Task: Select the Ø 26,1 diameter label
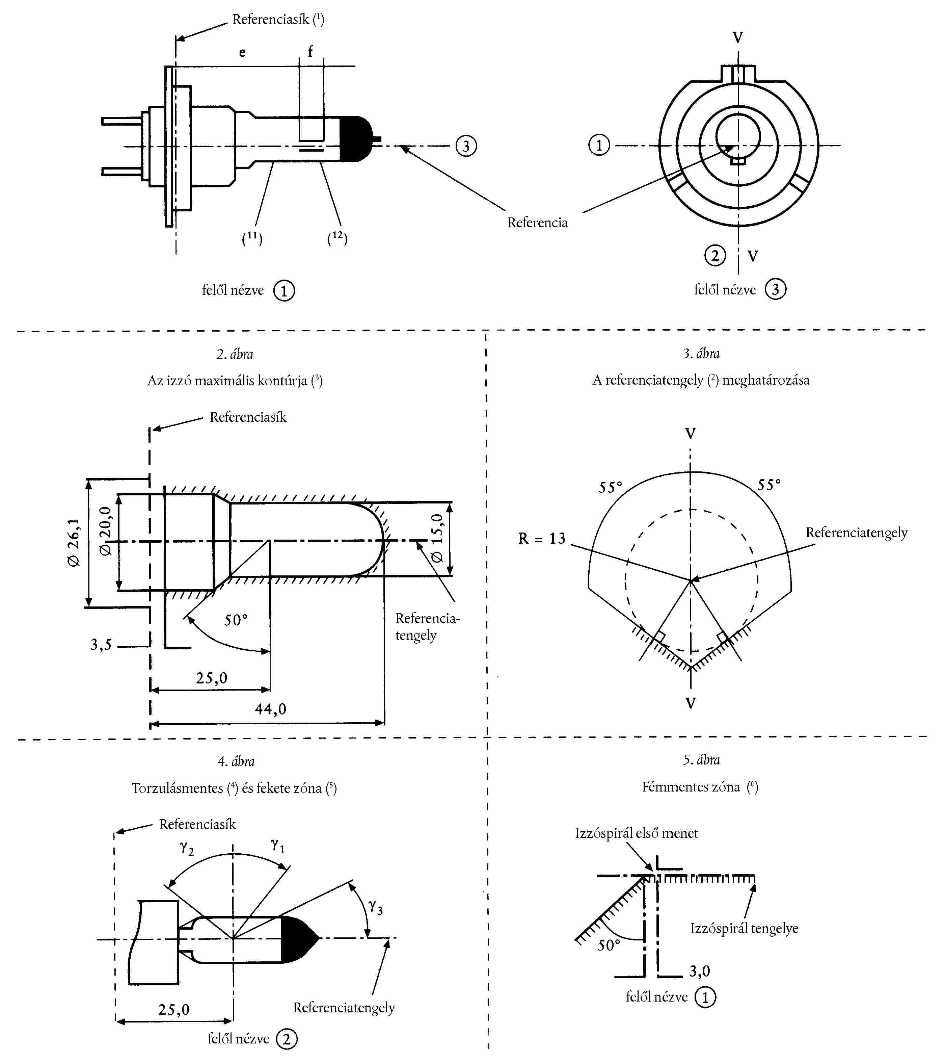pos(74,542)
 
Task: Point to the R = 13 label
pos(542,538)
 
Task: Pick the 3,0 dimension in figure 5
pos(699,971)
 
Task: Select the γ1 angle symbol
pos(278,846)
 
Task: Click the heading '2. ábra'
pos(235,354)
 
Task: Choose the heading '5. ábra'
pos(701,760)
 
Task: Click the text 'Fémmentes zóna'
pos(691,787)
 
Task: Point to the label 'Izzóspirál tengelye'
pos(744,929)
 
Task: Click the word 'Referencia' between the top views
pos(537,223)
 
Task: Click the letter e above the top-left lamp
pos(242,52)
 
